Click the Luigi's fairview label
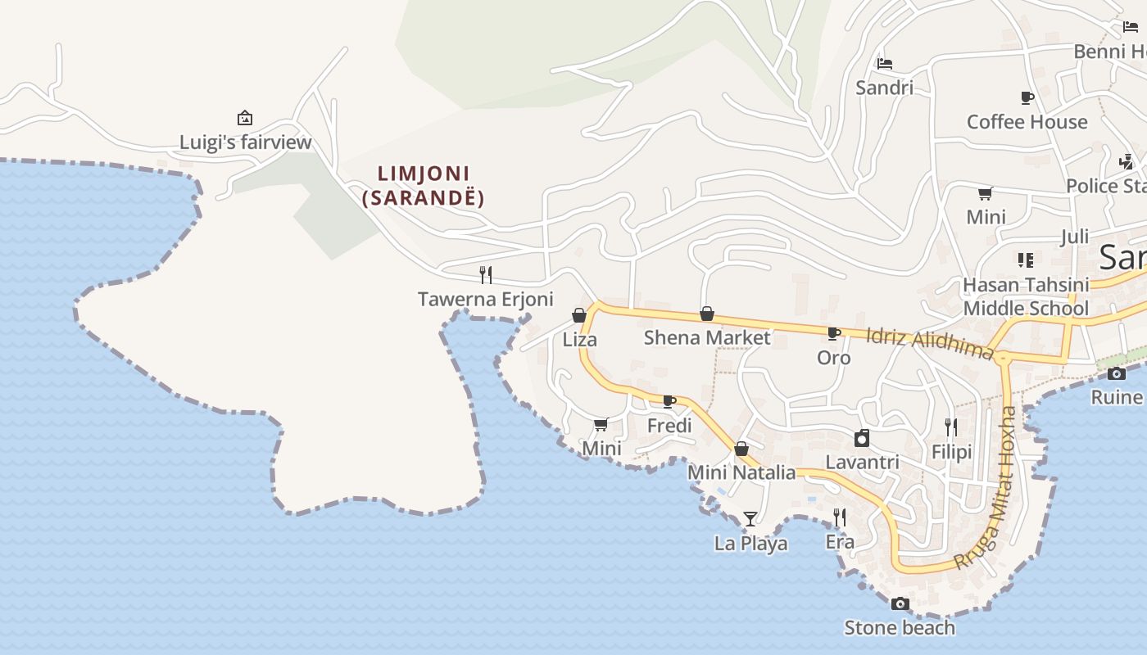(246, 142)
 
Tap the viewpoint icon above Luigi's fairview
(244, 118)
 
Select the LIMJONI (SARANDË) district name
(424, 186)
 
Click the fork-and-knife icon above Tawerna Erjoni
(486, 274)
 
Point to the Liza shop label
(580, 339)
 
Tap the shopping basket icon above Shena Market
(707, 314)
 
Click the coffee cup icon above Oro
(834, 333)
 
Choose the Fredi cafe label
(669, 426)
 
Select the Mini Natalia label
(741, 472)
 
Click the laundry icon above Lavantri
(862, 438)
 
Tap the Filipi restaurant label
(951, 452)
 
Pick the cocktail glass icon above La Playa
(750, 518)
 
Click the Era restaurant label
(840, 542)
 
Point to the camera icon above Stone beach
(900, 604)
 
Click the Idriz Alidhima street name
(930, 343)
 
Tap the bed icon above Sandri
(884, 63)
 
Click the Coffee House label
(1027, 122)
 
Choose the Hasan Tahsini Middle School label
(1026, 296)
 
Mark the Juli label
(1074, 237)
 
